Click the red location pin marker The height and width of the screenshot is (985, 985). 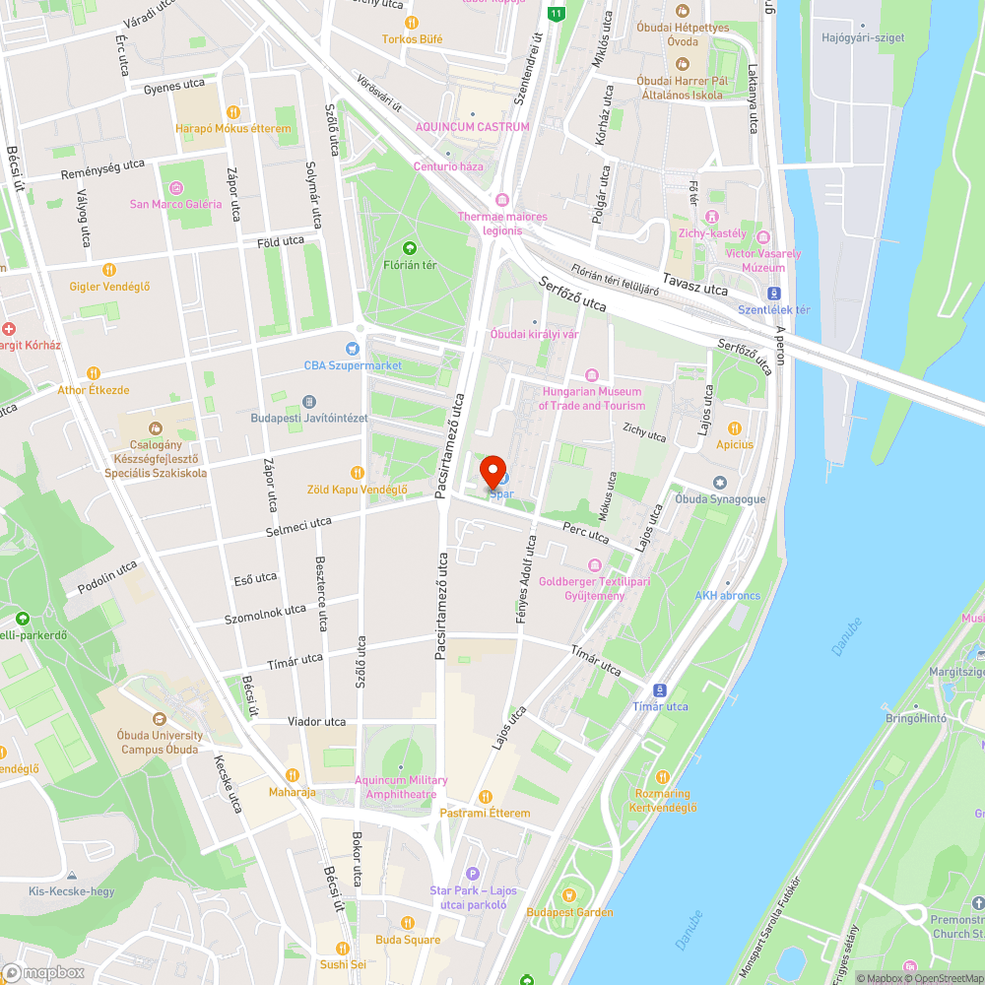tap(492, 471)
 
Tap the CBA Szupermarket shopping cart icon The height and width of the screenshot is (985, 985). tap(352, 349)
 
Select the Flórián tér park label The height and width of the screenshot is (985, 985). tap(410, 265)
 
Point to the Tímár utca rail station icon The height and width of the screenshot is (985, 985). tap(660, 689)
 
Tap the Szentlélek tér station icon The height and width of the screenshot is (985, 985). tap(774, 293)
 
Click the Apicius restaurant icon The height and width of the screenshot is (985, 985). tap(734, 427)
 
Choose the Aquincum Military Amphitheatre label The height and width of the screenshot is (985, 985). tap(401, 787)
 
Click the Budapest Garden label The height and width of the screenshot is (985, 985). tap(568, 912)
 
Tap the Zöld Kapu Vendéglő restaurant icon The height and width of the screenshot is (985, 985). tap(357, 472)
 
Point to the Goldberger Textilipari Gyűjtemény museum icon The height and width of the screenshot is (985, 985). tap(594, 565)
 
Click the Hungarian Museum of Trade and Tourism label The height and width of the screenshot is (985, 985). tap(593, 399)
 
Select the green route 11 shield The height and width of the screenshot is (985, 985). tap(558, 14)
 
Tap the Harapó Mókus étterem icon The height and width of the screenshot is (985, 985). tap(233, 112)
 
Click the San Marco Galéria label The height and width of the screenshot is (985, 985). tap(176, 204)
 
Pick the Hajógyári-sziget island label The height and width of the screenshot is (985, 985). tap(862, 37)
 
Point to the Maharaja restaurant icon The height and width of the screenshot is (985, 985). tap(292, 774)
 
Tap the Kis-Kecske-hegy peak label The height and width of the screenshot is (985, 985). tap(71, 891)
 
